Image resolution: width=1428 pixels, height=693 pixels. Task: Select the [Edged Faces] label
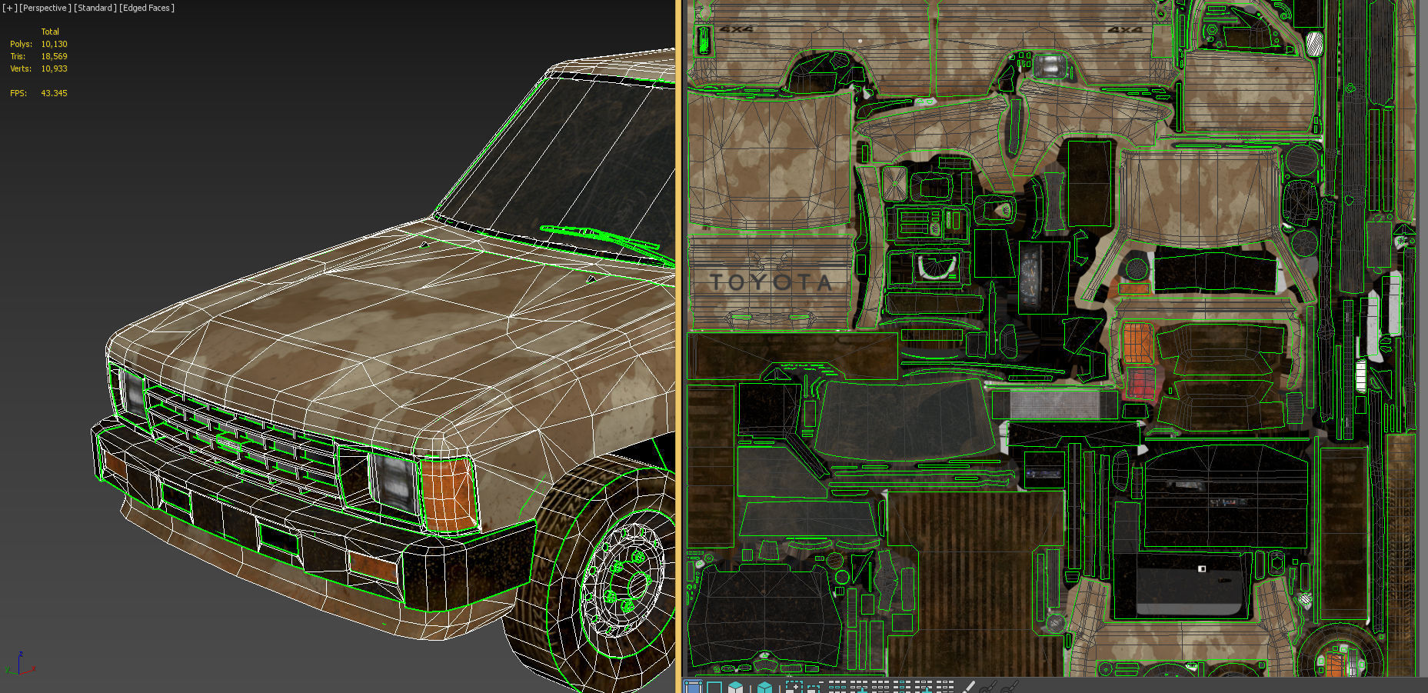coord(147,8)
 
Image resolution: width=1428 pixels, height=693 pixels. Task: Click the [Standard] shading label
coord(95,8)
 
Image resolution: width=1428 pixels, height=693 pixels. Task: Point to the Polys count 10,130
coord(54,44)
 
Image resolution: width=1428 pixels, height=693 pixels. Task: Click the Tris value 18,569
coord(54,56)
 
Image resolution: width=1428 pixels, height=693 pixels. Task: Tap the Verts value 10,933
coord(54,68)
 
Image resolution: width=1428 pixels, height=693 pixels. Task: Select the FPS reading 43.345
coord(54,93)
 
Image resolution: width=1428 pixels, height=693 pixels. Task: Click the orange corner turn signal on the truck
coord(447,493)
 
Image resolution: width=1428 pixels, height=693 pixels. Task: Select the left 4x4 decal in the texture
coord(737,29)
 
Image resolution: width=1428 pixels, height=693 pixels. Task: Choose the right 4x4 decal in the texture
coord(1124,29)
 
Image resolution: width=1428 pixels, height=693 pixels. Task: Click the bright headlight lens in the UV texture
coord(1049,65)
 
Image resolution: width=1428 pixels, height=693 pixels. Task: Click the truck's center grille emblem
coord(229,442)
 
